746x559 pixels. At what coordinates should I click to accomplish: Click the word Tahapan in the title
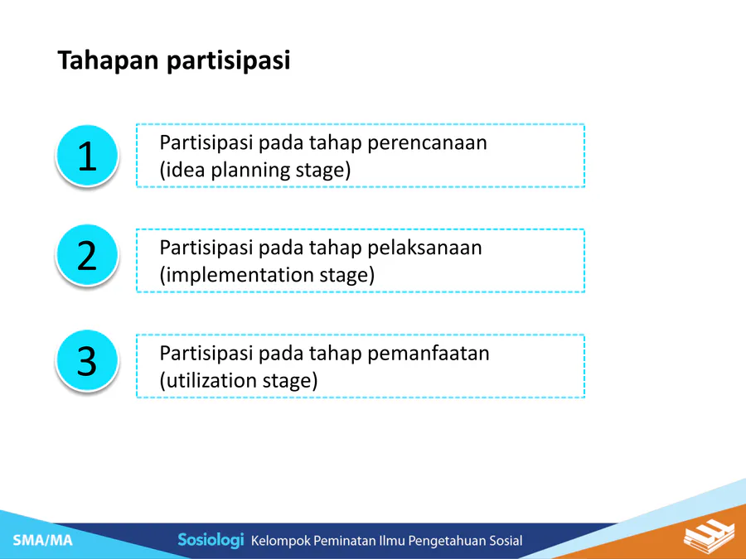(x=108, y=61)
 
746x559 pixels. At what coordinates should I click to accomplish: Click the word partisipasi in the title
(x=229, y=61)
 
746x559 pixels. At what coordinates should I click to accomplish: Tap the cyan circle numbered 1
(x=87, y=156)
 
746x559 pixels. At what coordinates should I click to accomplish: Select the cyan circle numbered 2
(x=87, y=255)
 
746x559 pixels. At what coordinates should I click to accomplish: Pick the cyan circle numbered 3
(x=87, y=361)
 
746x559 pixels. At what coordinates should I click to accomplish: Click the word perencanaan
(x=427, y=143)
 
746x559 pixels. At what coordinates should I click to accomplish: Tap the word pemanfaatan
(x=429, y=354)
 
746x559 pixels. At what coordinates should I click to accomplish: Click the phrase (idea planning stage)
(x=255, y=171)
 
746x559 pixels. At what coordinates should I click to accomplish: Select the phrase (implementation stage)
(x=267, y=276)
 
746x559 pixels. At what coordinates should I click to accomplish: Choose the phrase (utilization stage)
(x=239, y=381)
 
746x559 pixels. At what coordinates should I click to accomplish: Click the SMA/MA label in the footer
(x=43, y=541)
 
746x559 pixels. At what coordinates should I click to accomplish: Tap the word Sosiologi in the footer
(x=211, y=540)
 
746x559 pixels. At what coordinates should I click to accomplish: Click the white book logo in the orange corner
(x=709, y=536)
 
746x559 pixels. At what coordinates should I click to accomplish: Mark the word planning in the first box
(x=250, y=171)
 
